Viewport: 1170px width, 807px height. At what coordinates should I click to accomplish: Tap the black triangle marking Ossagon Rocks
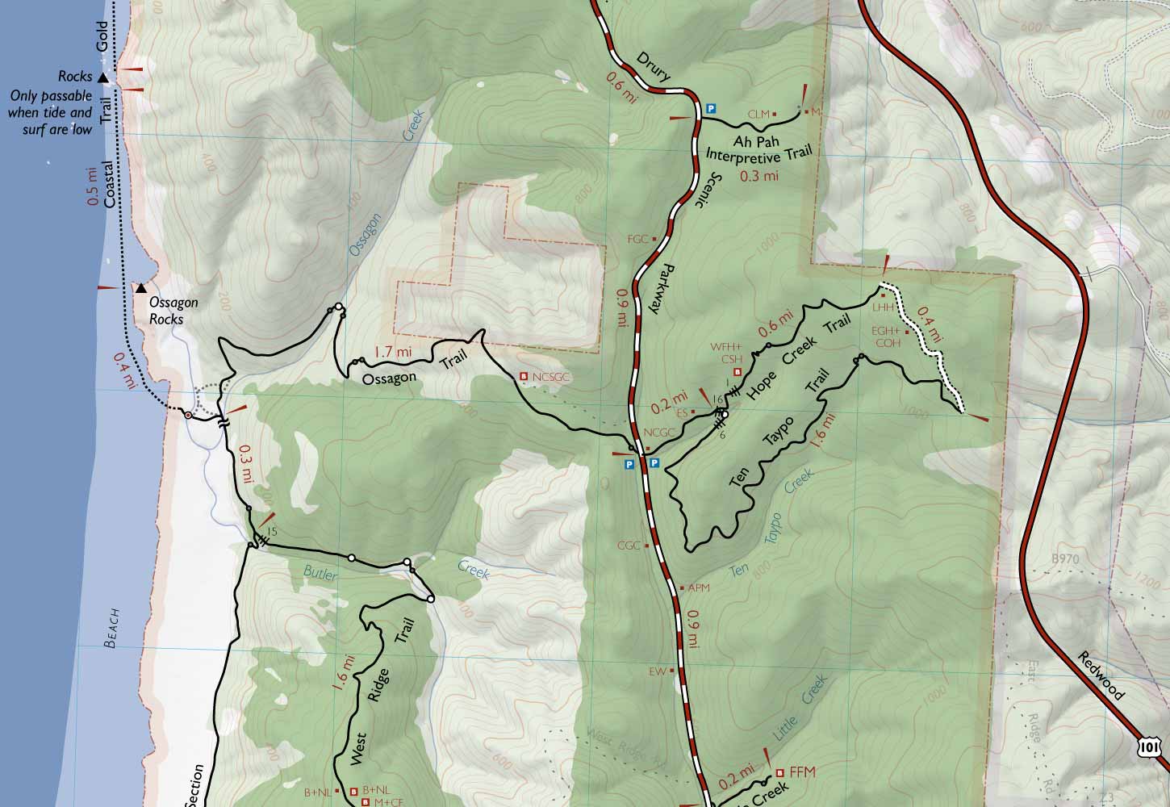coord(141,288)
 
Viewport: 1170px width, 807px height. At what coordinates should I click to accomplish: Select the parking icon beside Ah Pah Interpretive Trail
coord(711,108)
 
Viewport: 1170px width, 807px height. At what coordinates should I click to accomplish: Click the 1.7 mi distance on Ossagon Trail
coord(393,352)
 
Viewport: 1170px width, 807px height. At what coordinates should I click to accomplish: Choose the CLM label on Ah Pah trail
coord(758,115)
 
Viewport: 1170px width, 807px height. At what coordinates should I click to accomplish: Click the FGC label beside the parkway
coord(638,239)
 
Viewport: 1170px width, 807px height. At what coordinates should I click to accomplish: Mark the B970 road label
coord(1065,558)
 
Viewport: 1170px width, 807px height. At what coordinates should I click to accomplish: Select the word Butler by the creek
coord(319,572)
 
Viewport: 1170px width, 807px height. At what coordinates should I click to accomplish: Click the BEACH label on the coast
coord(114,629)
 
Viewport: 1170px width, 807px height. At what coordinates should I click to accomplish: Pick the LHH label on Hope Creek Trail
coord(882,307)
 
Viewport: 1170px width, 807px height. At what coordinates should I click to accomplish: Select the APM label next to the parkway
coord(697,587)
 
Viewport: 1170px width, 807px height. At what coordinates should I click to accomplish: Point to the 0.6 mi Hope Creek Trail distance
coord(773,325)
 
